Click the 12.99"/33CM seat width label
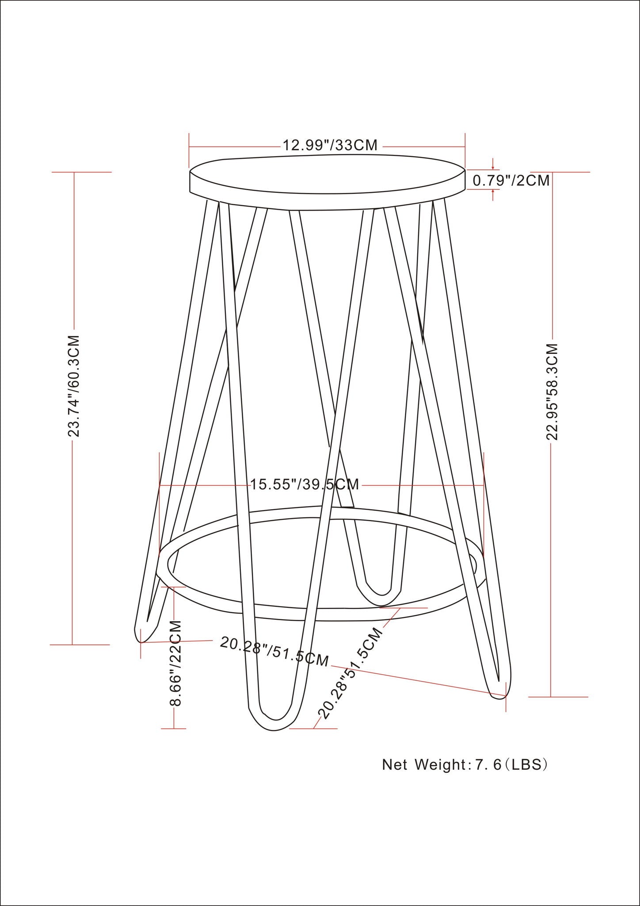[330, 145]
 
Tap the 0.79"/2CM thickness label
[511, 180]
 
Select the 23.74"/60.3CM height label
[74, 386]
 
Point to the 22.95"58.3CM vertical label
[552, 392]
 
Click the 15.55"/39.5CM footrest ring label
[305, 484]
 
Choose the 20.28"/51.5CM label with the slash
[274, 651]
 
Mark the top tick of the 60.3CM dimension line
[74, 172]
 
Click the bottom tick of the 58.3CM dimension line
[551, 697]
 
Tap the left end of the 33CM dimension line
[189, 146]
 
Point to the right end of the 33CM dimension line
[465, 146]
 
